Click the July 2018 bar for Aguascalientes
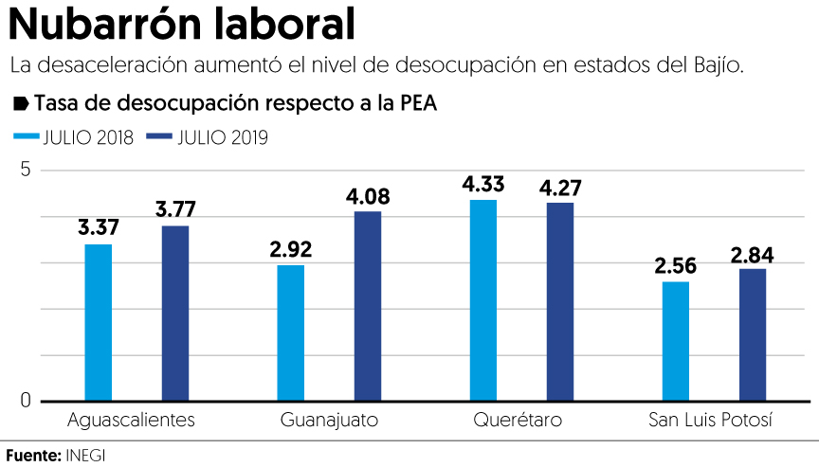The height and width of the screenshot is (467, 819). tap(99, 322)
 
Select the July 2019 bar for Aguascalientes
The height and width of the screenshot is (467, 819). tap(175, 313)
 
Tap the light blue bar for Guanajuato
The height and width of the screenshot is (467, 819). tap(291, 332)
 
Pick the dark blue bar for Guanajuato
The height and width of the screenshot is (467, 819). tap(368, 306)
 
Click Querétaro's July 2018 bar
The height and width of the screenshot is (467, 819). tap(483, 300)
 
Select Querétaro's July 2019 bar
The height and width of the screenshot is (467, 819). tap(560, 301)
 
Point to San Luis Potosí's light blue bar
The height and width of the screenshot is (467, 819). tap(676, 341)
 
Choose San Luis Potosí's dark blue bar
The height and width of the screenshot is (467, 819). tap(753, 334)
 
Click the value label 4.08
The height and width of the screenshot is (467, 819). tap(368, 197)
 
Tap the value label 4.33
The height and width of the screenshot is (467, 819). tap(483, 185)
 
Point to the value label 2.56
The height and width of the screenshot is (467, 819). tap(676, 266)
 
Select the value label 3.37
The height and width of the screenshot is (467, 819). tap(99, 228)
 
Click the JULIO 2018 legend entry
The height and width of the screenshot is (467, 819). tap(74, 137)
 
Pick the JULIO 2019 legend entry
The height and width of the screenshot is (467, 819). tap(209, 137)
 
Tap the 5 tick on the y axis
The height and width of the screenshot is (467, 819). tap(27, 171)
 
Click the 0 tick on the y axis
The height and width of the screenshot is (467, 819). tap(27, 401)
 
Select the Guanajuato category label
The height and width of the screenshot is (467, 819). tap(329, 420)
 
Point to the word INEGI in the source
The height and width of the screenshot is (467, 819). tap(85, 456)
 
